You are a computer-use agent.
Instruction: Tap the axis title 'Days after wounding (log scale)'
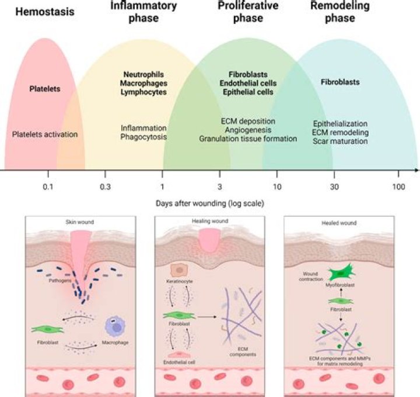(209, 204)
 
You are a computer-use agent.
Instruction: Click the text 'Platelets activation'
(45, 134)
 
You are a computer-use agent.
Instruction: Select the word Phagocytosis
(143, 137)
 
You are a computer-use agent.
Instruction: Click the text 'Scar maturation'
(340, 141)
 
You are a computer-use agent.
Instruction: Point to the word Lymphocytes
(143, 92)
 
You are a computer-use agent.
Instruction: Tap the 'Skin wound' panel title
(79, 222)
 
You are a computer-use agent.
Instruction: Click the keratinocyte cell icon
(178, 270)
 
